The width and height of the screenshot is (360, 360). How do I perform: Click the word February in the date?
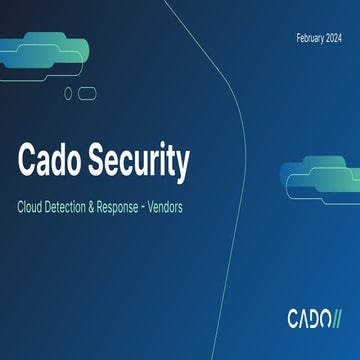(x=308, y=38)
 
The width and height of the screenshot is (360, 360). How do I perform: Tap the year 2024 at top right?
(x=335, y=38)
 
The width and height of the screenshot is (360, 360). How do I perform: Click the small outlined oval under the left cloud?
(x=68, y=93)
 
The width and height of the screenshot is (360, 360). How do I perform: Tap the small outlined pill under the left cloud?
(x=87, y=93)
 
